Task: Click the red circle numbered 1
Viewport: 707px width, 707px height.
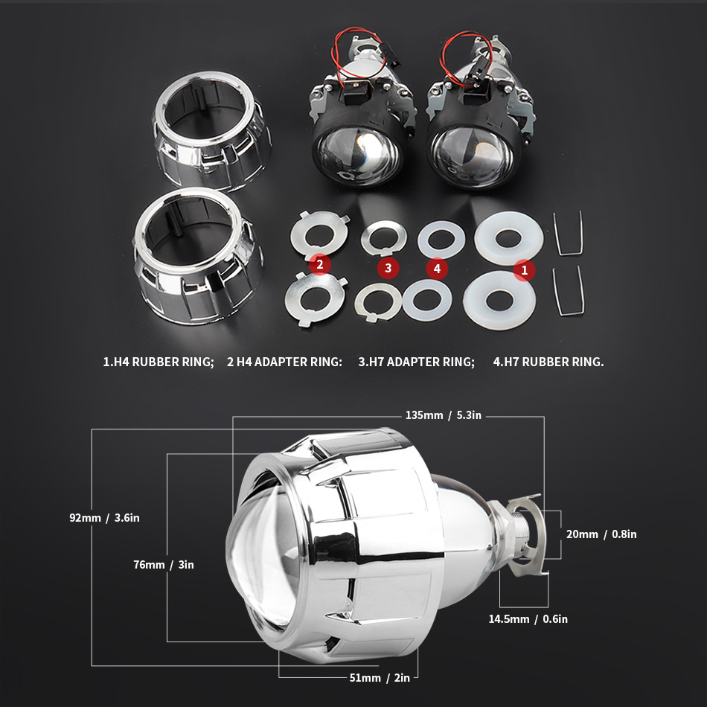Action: coord(524,270)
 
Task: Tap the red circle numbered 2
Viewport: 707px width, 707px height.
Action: coord(320,264)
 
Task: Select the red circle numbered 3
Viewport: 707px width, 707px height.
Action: coord(388,269)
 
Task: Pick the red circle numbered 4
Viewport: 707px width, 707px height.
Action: coord(437,269)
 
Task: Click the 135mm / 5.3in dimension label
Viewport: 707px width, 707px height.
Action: coord(444,415)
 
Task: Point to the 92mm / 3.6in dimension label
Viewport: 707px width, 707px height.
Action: coord(105,518)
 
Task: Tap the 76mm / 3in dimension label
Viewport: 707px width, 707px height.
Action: coord(164,565)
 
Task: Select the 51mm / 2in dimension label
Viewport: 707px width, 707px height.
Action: coord(380,678)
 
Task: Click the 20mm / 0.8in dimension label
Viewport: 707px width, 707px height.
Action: coord(601,534)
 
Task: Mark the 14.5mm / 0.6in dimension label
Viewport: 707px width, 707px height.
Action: coord(528,619)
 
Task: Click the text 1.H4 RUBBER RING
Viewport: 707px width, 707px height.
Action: coord(159,362)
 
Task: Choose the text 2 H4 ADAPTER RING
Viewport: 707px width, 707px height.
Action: coord(284,362)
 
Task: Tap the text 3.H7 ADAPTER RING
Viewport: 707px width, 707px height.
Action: coord(417,362)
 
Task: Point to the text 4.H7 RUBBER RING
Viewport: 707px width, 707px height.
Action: coord(548,362)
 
